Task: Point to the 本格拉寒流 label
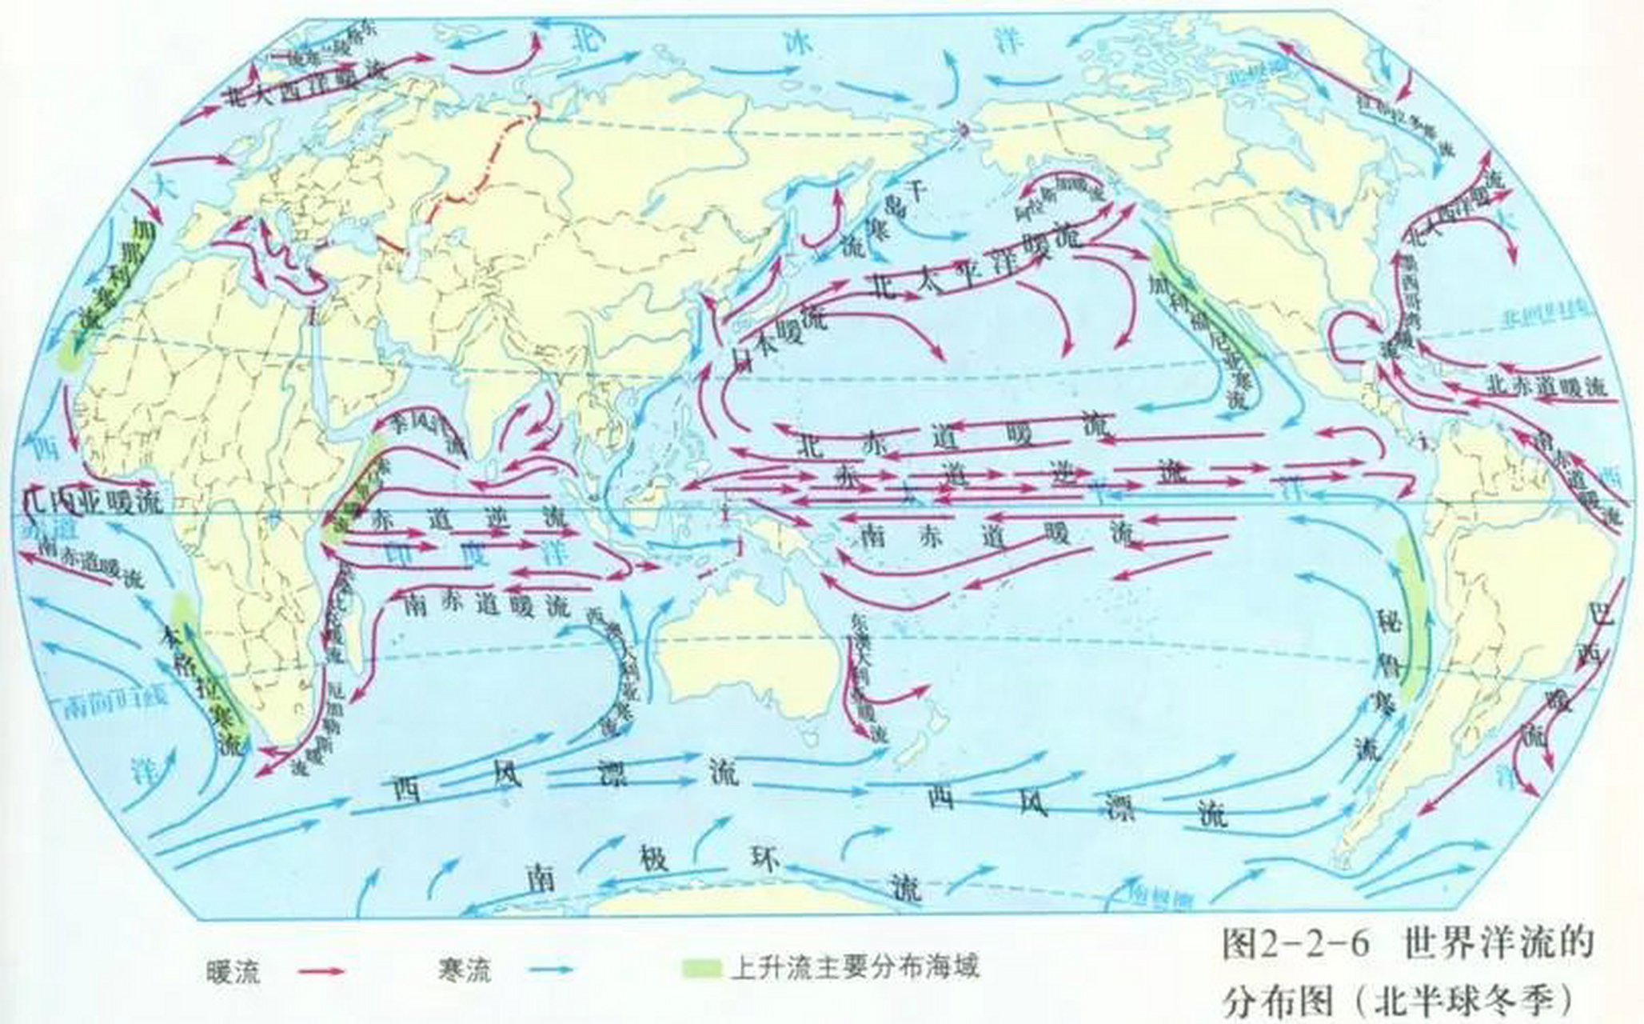pos(204,688)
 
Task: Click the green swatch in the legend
pos(702,967)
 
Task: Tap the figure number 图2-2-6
pos(1295,945)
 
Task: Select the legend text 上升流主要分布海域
pos(854,967)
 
